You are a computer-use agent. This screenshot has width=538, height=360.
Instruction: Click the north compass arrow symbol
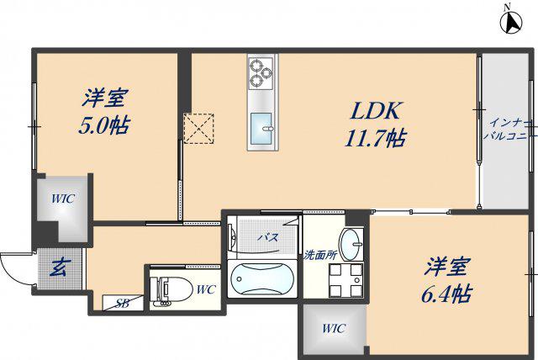(x=511, y=23)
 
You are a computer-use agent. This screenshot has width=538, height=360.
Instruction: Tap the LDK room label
(x=376, y=111)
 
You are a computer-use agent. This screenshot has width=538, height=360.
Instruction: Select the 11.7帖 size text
(x=376, y=138)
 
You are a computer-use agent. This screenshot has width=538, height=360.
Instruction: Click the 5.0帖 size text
(x=104, y=125)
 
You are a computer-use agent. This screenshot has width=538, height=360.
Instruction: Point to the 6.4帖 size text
(x=446, y=294)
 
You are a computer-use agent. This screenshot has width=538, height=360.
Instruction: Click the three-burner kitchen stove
(x=261, y=72)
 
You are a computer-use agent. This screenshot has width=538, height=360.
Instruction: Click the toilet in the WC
(x=171, y=291)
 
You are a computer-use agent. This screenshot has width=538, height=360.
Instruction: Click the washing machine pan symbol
(x=345, y=280)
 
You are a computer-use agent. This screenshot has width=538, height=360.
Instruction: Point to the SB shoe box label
(x=122, y=303)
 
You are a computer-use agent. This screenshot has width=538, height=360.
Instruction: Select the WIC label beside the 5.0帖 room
(x=63, y=199)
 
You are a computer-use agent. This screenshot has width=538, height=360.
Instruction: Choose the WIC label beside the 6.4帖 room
(x=334, y=328)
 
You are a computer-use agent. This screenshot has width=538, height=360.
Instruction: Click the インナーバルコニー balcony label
(x=510, y=130)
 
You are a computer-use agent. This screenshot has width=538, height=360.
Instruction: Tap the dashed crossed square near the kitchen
(x=198, y=129)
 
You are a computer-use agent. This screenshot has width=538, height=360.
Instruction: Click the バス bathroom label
(x=268, y=237)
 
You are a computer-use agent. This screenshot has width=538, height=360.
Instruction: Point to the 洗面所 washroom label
(x=319, y=255)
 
